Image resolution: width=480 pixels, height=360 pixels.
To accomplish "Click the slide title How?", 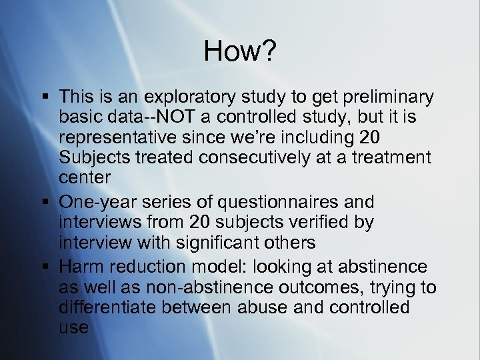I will (239, 51).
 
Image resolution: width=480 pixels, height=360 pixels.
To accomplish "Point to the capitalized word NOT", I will (167, 118).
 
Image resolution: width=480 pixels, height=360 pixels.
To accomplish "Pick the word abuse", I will (294, 307).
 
